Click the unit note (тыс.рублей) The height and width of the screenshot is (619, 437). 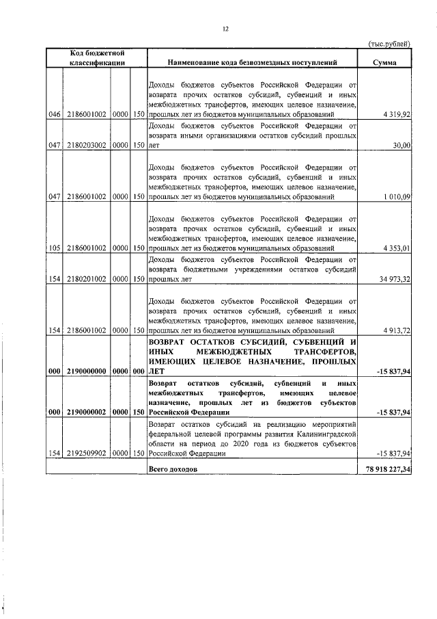point(390,44)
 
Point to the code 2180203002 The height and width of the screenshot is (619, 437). point(87,145)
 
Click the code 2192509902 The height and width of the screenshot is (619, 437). point(87,453)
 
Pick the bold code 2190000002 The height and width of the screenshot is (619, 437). point(87,412)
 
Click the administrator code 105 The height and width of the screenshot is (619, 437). point(55,248)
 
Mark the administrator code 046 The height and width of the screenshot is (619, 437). point(55,114)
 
